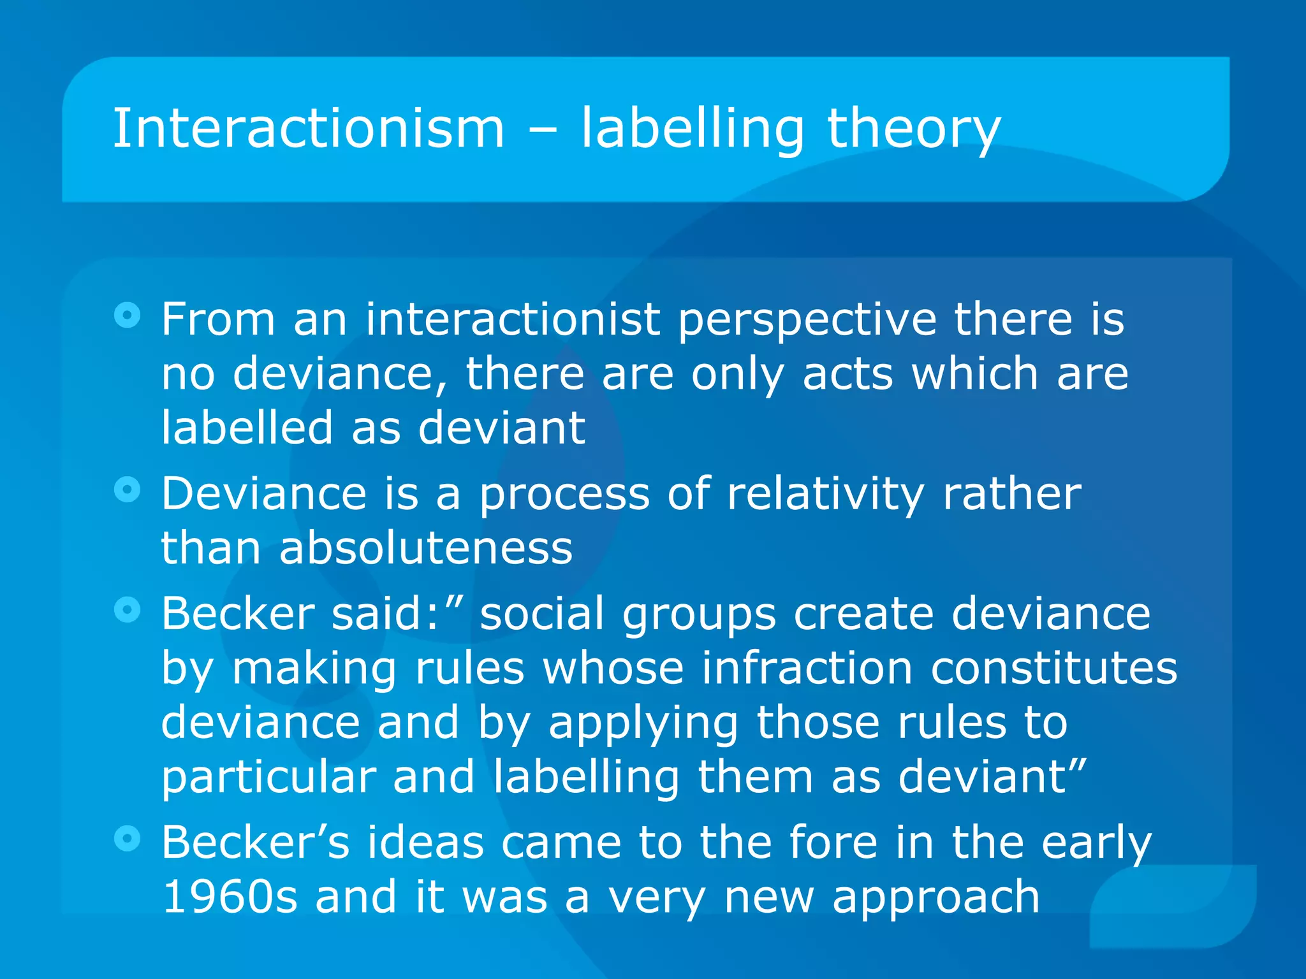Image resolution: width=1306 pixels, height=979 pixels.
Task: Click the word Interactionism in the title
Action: point(309,129)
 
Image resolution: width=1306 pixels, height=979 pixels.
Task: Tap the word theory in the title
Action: point(913,130)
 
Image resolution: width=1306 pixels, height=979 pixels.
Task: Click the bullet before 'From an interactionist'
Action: point(128,315)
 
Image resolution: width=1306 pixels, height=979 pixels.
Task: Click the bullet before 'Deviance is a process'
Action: point(128,489)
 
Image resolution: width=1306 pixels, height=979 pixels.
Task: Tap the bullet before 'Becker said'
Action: point(128,610)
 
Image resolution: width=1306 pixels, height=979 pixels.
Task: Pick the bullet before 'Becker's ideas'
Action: point(128,838)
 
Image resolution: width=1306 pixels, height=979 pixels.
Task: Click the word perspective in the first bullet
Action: point(807,320)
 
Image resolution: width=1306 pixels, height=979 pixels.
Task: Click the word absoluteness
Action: point(426,548)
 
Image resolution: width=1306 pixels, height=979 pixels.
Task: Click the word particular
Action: point(268,778)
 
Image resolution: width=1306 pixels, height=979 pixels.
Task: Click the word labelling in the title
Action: point(692,130)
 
